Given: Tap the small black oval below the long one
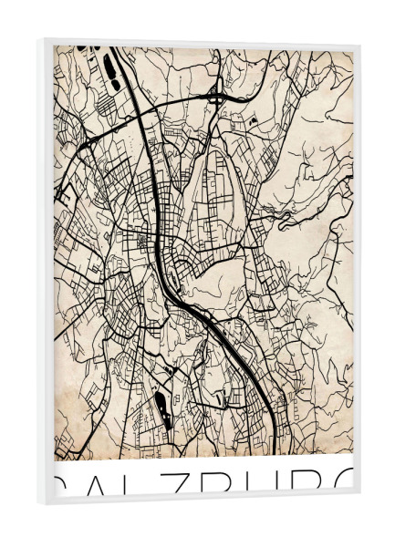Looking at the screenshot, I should tap(116, 85).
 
